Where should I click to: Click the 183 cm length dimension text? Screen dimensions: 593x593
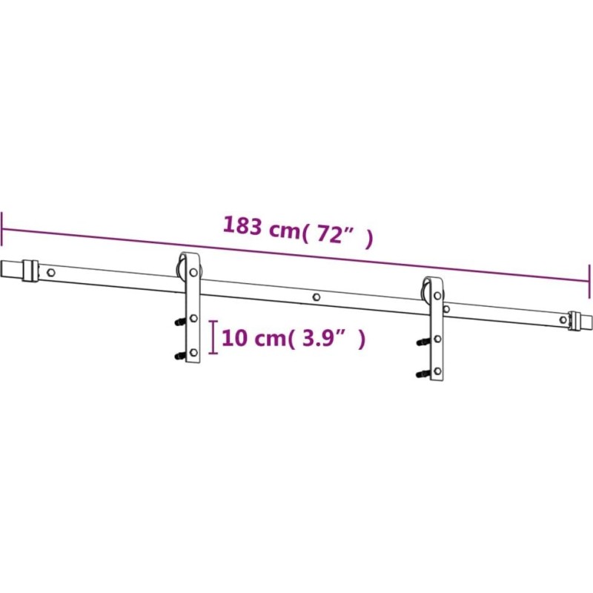[x=298, y=231]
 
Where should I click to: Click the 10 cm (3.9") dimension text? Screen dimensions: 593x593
[x=294, y=338]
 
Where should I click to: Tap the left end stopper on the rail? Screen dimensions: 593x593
[x=30, y=271]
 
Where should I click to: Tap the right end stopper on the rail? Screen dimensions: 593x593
[x=575, y=321]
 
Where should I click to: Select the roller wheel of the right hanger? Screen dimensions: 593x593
[x=425, y=293]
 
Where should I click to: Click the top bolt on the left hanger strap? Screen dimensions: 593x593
[x=193, y=272]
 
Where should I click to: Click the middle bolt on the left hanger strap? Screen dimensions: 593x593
[x=193, y=319]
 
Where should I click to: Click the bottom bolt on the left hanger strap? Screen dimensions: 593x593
[x=193, y=353]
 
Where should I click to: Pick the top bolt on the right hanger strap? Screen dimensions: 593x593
[x=437, y=295]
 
